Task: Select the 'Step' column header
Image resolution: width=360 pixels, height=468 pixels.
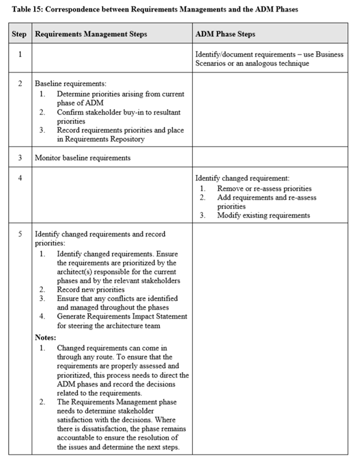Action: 20,34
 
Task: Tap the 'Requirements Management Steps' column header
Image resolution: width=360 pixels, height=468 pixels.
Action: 91,34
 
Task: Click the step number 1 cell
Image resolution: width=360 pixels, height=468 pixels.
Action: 20,54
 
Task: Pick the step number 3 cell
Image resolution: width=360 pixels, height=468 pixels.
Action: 20,158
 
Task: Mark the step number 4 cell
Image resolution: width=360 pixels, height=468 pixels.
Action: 20,178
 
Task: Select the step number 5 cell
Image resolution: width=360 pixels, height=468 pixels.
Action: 20,234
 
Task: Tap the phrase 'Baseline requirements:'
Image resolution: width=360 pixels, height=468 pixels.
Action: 66,84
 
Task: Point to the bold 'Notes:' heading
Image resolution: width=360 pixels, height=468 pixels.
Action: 46,337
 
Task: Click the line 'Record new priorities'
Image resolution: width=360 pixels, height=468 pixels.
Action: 91,289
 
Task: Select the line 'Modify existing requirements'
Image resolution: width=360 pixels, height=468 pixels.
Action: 264,215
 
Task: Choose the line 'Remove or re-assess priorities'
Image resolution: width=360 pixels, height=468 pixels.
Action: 264,189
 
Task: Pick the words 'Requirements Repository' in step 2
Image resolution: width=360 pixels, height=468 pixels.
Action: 106,139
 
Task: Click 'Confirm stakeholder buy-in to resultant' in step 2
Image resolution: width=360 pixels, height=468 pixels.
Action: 118,111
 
